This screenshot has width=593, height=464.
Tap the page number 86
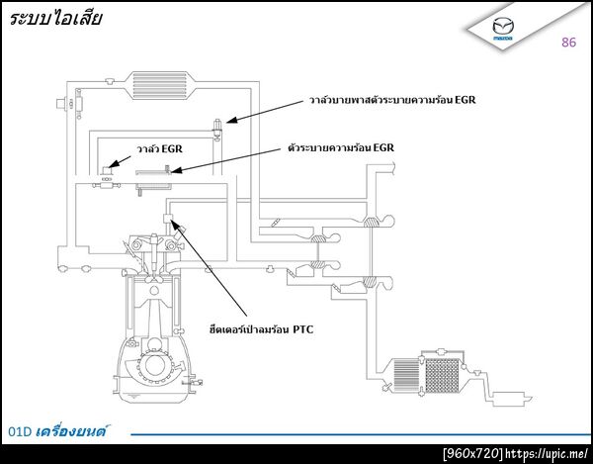pos(568,42)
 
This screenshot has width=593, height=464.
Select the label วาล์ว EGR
pos(160,148)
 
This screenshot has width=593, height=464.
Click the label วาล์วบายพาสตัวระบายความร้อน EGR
pos(392,100)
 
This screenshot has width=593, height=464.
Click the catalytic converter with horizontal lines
pos(405,375)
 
